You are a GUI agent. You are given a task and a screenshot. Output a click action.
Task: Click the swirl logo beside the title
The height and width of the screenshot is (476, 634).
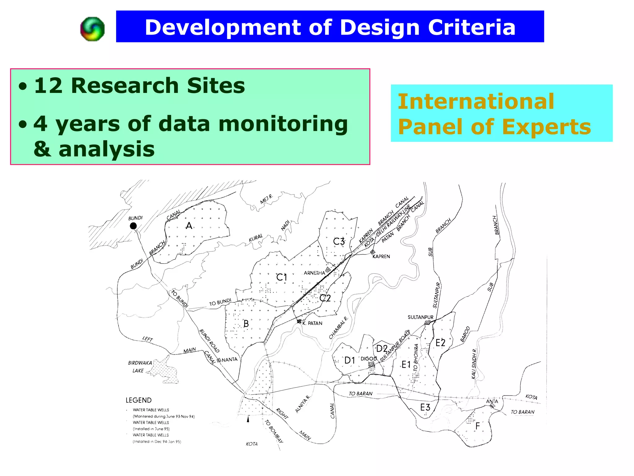(x=92, y=29)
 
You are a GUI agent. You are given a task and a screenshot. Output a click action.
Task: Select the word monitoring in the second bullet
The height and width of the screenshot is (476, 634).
(x=283, y=124)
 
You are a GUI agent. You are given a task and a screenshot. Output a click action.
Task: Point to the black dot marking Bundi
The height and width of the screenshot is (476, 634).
(x=133, y=226)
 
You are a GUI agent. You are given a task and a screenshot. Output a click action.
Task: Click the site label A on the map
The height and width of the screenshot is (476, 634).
(x=189, y=226)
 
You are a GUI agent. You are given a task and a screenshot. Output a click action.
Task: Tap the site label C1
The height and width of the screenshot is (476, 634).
(x=281, y=277)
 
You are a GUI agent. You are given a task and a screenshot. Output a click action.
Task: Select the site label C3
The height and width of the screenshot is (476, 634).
(x=339, y=241)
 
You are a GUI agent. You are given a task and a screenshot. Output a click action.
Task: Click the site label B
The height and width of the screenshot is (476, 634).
(x=246, y=324)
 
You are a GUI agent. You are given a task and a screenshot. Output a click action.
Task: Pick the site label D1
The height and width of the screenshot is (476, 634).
(x=350, y=360)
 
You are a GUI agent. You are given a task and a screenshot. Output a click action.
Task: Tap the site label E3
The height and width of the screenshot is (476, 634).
(x=425, y=407)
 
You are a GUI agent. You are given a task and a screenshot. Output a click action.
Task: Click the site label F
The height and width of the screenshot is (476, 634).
(x=478, y=426)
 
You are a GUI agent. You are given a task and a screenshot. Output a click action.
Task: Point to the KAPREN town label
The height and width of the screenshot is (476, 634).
(x=381, y=257)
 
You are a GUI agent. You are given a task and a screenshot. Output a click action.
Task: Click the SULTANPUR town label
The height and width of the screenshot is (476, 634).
(x=420, y=317)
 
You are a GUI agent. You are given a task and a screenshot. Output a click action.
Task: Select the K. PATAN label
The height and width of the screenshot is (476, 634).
(x=312, y=323)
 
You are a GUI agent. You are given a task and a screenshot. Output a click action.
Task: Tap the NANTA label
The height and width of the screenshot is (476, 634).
(x=229, y=359)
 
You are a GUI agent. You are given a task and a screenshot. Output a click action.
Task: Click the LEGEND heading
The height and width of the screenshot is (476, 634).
(x=139, y=400)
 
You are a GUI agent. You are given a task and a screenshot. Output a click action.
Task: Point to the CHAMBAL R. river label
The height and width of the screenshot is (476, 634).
(x=338, y=328)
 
